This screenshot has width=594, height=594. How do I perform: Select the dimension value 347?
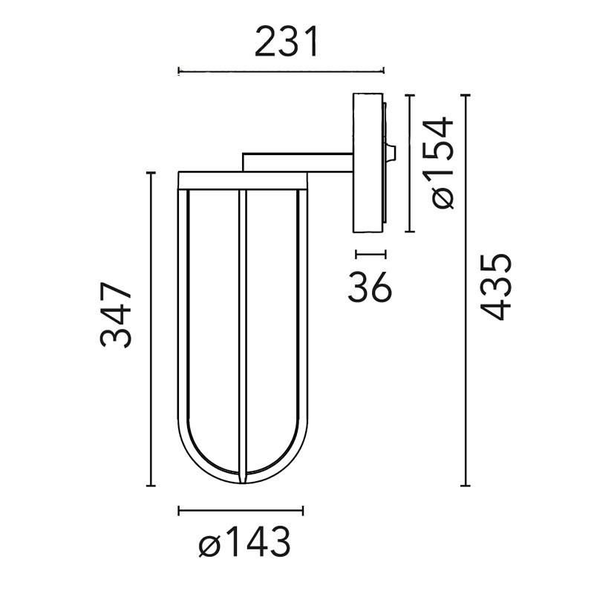click(117, 315)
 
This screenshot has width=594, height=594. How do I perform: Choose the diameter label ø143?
click(244, 545)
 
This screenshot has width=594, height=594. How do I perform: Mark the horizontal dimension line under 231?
click(281, 71)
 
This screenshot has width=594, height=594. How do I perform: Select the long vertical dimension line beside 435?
click(466, 290)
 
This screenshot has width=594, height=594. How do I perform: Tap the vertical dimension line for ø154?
click(409, 163)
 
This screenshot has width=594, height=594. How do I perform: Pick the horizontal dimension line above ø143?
click(241, 510)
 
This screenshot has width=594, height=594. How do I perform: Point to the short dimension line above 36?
click(371, 254)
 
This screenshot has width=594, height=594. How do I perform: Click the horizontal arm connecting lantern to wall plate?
click(297, 163)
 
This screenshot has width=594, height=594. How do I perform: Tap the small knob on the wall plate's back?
click(391, 154)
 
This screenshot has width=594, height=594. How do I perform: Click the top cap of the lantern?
click(242, 179)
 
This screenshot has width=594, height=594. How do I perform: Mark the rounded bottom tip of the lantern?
click(242, 479)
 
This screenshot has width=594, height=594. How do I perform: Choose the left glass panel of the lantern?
click(212, 327)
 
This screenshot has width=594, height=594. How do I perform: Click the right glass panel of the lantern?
click(272, 327)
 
